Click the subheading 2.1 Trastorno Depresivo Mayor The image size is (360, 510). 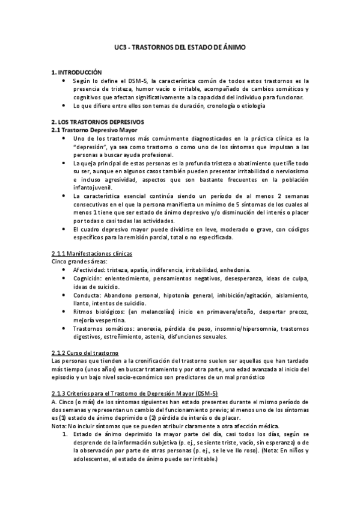(94, 129)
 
